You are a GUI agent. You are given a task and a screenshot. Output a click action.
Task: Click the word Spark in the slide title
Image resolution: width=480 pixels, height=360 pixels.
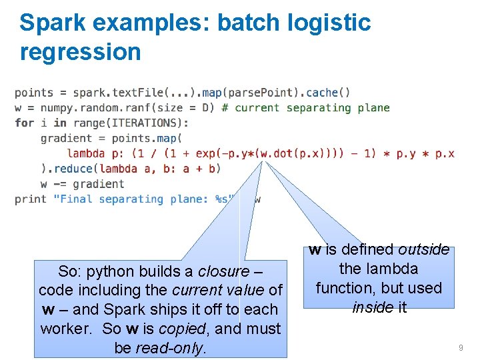click(52, 23)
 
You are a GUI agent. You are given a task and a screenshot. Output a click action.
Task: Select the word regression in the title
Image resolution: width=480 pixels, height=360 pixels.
click(80, 52)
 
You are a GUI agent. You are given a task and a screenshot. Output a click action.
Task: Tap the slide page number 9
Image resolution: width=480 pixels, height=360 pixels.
click(461, 348)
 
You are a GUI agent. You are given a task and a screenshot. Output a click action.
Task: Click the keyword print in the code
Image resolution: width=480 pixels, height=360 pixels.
click(31, 199)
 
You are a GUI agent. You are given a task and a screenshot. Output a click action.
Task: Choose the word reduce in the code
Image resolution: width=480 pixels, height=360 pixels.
click(73, 169)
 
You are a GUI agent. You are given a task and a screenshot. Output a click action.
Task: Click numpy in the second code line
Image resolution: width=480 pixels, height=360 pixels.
click(57, 107)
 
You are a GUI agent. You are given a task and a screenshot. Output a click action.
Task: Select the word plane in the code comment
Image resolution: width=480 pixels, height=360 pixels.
click(373, 107)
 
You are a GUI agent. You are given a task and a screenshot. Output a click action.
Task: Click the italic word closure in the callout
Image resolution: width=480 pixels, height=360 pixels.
click(223, 271)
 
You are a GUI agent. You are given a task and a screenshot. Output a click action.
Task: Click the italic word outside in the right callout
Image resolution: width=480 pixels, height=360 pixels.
click(423, 249)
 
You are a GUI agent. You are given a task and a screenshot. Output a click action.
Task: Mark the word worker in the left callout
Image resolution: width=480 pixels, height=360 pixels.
click(63, 329)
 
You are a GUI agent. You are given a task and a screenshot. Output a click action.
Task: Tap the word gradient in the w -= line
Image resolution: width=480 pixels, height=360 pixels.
click(99, 184)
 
